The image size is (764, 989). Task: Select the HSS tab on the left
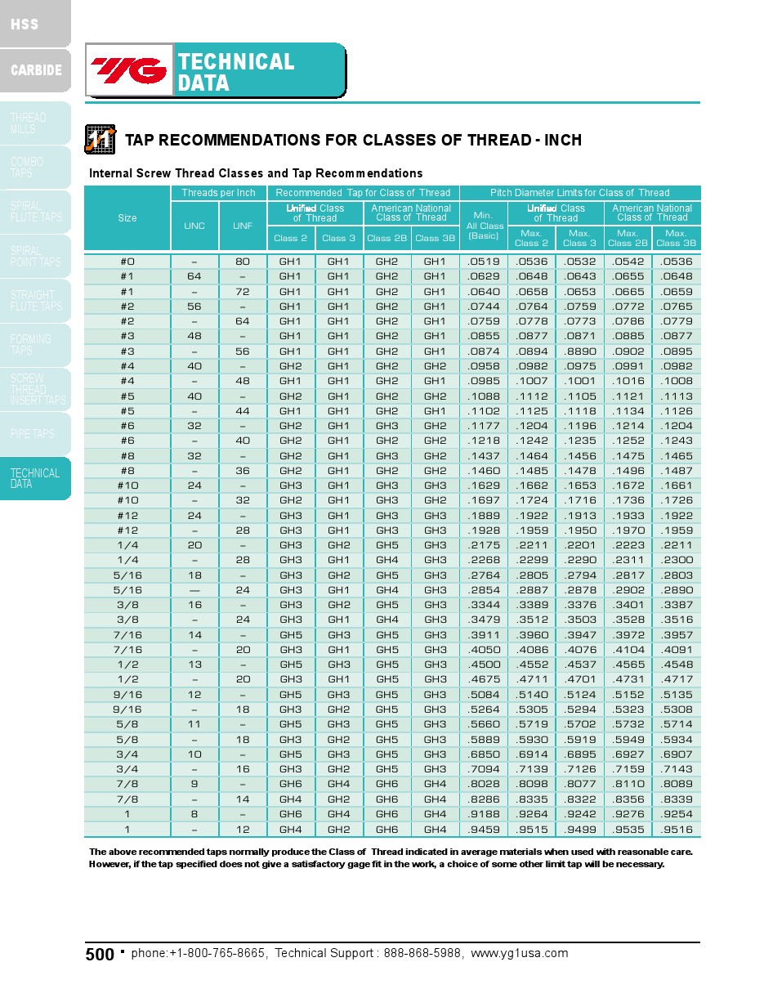coord(25,24)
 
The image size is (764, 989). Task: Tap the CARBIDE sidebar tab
coord(36,70)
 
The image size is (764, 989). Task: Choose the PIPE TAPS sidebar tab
coord(33,434)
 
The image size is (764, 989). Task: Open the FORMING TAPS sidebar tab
coord(31,344)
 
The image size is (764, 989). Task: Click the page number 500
coord(100,955)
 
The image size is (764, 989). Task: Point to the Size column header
coord(127,218)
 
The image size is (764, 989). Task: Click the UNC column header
coord(194,226)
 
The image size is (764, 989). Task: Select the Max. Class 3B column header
coord(676,238)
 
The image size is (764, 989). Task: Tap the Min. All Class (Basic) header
coord(485,226)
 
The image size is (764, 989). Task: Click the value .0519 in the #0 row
coord(484,262)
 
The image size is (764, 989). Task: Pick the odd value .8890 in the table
coord(579,351)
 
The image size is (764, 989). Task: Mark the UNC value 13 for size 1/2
coord(194,665)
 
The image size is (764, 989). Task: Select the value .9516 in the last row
coord(676,830)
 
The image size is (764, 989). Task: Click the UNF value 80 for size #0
coord(243,262)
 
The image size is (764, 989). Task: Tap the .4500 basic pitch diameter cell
coord(484,665)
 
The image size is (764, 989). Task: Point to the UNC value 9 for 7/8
coord(194,784)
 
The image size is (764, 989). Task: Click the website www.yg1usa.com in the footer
coord(519,953)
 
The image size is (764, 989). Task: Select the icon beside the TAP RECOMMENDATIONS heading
coord(101,139)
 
